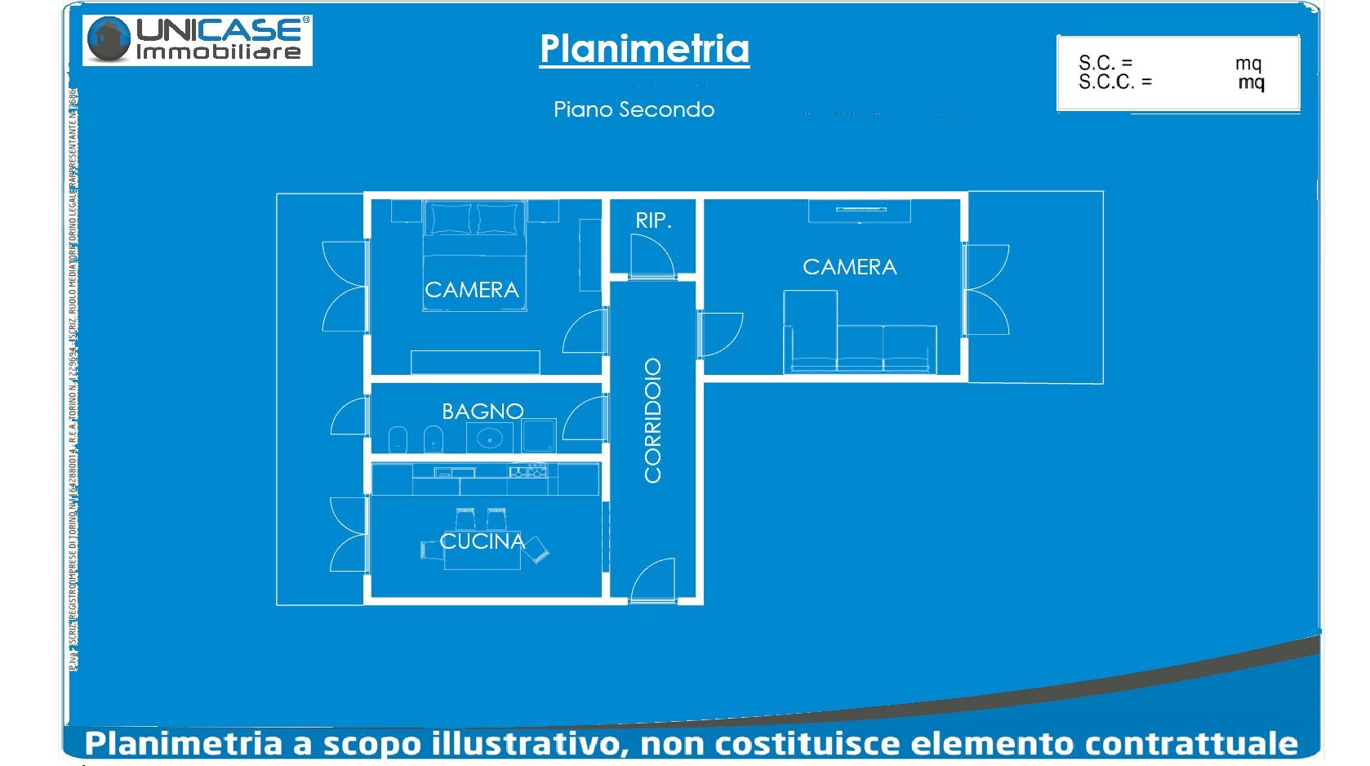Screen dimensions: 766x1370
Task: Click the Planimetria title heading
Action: pos(644,49)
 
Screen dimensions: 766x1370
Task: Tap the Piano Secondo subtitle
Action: pos(634,109)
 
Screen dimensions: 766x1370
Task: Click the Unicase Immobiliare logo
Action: pos(198,40)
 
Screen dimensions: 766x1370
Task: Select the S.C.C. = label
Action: pos(1114,82)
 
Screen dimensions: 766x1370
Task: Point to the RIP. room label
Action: pos(653,220)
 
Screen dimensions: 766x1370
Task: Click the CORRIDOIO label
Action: pos(653,421)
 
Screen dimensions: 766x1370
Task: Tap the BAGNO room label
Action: pos(483,411)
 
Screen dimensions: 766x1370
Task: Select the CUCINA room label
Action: pos(482,541)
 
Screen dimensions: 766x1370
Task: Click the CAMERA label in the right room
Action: pos(849,267)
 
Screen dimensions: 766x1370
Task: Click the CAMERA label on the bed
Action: pos(472,290)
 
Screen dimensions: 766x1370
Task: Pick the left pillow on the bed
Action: pos(451,218)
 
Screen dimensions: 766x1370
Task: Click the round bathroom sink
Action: pos(490,439)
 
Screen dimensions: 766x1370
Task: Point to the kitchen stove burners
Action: pos(527,471)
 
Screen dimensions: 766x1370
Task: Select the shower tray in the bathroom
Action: pos(539,435)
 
